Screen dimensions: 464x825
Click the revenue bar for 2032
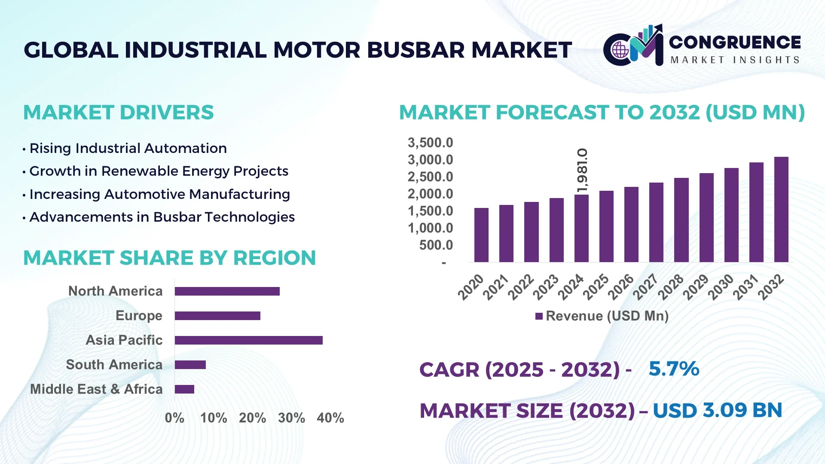pyautogui.click(x=781, y=210)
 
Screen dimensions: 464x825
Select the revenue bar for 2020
pyautogui.click(x=481, y=235)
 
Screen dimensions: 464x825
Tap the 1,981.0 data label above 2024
pyautogui.click(x=582, y=171)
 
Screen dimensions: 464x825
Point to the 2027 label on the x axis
pyautogui.click(x=645, y=287)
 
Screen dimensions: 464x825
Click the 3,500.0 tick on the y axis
pyautogui.click(x=430, y=143)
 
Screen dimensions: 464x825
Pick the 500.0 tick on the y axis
pyautogui.click(x=436, y=245)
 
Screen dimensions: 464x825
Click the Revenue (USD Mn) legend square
pyautogui.click(x=539, y=317)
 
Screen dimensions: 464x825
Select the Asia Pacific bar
pyautogui.click(x=248, y=340)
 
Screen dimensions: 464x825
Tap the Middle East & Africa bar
pyautogui.click(x=184, y=389)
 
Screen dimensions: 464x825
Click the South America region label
pyautogui.click(x=114, y=365)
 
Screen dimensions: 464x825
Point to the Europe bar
pyautogui.click(x=217, y=316)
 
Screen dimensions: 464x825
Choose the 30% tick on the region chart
pyautogui.click(x=291, y=418)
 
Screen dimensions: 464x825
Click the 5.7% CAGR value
pyautogui.click(x=673, y=369)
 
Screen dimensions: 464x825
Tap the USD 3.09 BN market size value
pyautogui.click(x=717, y=410)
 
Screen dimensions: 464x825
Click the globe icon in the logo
pyautogui.click(x=620, y=50)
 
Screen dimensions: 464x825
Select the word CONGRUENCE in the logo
pyautogui.click(x=735, y=42)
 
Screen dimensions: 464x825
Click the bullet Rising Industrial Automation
pyautogui.click(x=128, y=148)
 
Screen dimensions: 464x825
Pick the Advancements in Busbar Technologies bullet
pyautogui.click(x=162, y=217)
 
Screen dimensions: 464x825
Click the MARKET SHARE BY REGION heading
pyautogui.click(x=169, y=258)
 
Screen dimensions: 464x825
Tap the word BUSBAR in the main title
pyautogui.click(x=416, y=50)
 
